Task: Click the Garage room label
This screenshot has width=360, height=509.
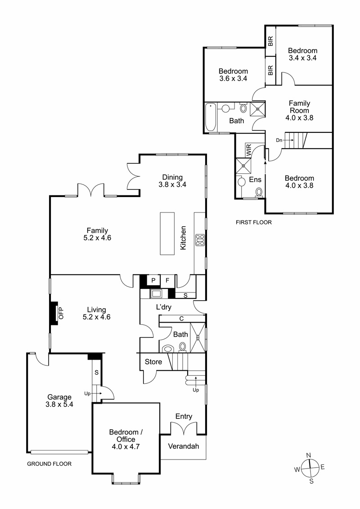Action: [x=59, y=397]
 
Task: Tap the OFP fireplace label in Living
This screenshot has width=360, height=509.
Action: [x=61, y=313]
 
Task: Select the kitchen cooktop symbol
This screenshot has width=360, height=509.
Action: [x=200, y=240]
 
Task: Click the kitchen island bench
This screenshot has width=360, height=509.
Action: [x=167, y=234]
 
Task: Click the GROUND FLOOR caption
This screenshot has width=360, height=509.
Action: [x=49, y=464]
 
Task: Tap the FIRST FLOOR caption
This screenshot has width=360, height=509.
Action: [x=253, y=222]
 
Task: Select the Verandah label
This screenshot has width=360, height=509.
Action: [x=184, y=446]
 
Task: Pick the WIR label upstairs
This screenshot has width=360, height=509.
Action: [x=249, y=150]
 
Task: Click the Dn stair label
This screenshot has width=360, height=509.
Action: [x=279, y=140]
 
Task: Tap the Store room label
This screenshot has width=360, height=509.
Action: [x=153, y=362]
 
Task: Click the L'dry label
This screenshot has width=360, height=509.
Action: [x=164, y=307]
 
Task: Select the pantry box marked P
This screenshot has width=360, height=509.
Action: [x=153, y=280]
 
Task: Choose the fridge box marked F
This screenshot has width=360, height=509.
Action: [x=167, y=280]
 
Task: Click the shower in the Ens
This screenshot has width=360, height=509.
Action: [x=243, y=166]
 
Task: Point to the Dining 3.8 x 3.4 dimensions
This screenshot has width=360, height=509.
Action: [x=172, y=185]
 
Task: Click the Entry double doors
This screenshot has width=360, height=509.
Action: [x=184, y=428]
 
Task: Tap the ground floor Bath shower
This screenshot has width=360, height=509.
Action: [x=198, y=338]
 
